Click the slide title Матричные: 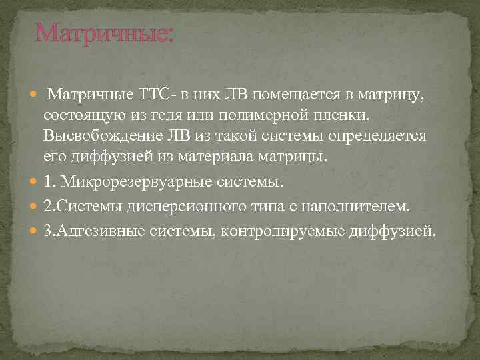pos(105,32)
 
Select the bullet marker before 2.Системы pos(34,207)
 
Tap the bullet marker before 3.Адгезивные pos(34,231)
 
